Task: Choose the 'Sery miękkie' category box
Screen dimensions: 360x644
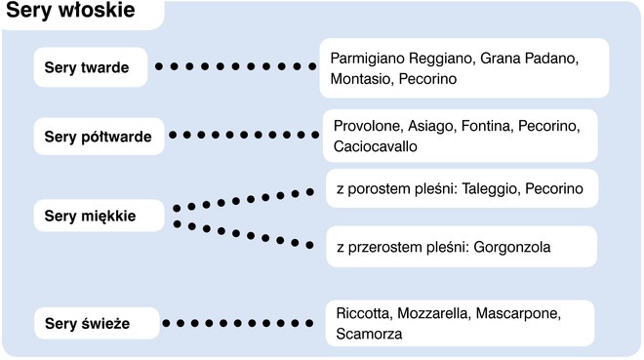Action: click(96, 216)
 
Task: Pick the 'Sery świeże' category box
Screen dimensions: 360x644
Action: click(94, 323)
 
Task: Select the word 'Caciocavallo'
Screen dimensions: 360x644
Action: click(376, 147)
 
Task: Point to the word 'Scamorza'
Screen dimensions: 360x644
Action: click(370, 335)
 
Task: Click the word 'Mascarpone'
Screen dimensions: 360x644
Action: click(523, 314)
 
